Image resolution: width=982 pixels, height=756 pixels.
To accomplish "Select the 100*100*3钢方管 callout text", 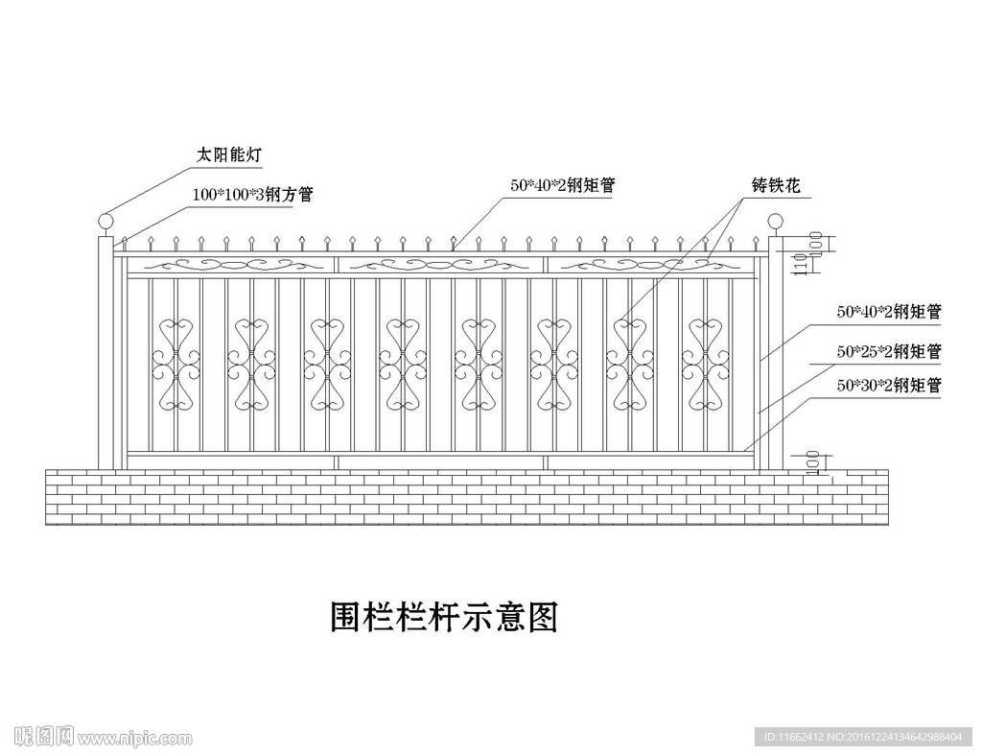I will (252, 195).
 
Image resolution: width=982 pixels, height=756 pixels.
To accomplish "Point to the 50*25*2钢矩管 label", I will (889, 352).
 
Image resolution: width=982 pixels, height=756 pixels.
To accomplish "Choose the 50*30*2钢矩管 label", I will (889, 387).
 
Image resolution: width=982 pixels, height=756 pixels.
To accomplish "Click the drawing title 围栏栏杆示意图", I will (443, 617).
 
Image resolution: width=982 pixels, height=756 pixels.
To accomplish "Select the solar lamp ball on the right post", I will (775, 224).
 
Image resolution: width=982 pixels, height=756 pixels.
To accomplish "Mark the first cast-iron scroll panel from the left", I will (175, 366).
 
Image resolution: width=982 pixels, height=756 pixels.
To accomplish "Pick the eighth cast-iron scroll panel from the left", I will (705, 366).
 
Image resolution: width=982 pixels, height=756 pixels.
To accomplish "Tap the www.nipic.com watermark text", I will (134, 739).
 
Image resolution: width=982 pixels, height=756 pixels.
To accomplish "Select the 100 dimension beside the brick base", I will (813, 461).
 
